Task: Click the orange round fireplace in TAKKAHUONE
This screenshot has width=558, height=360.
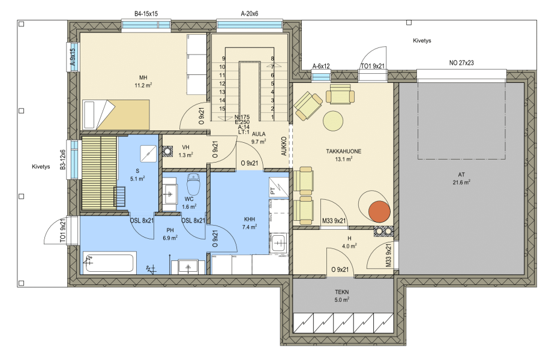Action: [379, 212]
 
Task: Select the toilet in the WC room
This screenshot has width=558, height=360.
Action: [194, 184]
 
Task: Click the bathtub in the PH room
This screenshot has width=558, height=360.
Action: [109, 263]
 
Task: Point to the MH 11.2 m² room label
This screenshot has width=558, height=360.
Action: [143, 82]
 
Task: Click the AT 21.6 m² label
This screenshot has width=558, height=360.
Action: [461, 179]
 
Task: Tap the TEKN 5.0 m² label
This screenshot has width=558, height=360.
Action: [341, 296]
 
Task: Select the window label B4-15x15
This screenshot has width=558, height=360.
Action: [146, 14]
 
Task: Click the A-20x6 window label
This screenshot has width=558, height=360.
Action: [250, 14]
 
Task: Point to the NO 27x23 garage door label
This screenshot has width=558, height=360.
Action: [461, 63]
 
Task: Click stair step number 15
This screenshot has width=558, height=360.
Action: [222, 109]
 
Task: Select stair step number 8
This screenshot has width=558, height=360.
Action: [272, 59]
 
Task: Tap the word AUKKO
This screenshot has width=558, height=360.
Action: [284, 146]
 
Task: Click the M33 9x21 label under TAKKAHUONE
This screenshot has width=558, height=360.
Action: [334, 221]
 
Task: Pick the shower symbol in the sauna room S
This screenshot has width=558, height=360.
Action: [148, 154]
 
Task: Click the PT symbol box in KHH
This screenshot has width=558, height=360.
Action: [278, 187]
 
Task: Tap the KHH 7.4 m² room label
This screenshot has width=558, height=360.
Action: [250, 223]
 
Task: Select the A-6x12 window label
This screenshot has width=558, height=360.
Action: [321, 66]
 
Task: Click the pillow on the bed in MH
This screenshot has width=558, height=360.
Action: [89, 115]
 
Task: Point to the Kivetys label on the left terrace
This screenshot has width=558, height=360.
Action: [41, 166]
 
